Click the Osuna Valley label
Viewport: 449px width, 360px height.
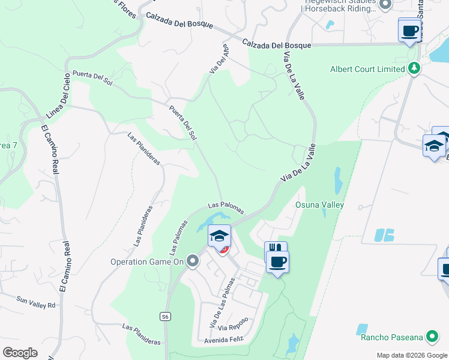pyautogui.click(x=319, y=205)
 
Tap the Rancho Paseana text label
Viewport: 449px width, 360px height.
pyautogui.click(x=393, y=337)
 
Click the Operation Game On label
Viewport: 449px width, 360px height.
pyautogui.click(x=147, y=262)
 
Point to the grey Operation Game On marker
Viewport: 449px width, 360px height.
pyautogui.click(x=193, y=261)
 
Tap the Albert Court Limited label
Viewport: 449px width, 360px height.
pyautogui.click(x=367, y=69)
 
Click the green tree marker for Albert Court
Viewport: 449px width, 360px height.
pyautogui.click(x=414, y=68)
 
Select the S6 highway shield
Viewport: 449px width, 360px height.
pyautogui.click(x=165, y=316)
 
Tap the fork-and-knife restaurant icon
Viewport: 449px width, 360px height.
pyautogui.click(x=276, y=248)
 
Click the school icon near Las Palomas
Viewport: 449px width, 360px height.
pyautogui.click(x=220, y=235)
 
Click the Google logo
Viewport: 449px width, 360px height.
pyautogui.click(x=20, y=353)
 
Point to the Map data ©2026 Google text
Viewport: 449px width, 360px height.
pyautogui.click(x=411, y=355)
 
